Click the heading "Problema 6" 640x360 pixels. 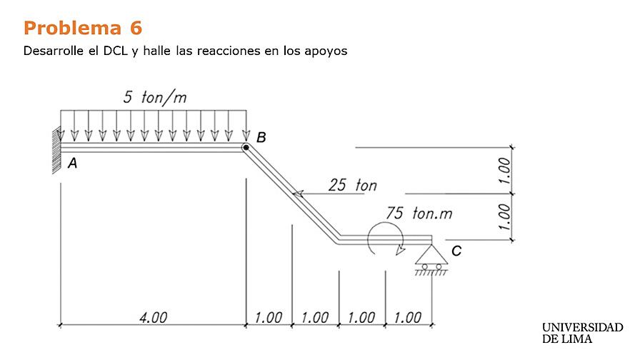click(x=83, y=28)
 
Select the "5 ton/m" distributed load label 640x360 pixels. click(x=155, y=98)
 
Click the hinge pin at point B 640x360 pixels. click(x=245, y=148)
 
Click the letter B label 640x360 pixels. click(x=261, y=137)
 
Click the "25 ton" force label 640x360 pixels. click(x=352, y=186)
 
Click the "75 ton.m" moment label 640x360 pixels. click(x=419, y=214)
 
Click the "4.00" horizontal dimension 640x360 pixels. click(x=153, y=318)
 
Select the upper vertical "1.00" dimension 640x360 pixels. click(x=506, y=171)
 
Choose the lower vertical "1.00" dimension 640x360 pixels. click(x=506, y=216)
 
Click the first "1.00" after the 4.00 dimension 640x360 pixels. click(x=269, y=318)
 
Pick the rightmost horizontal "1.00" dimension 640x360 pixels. click(x=408, y=318)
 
